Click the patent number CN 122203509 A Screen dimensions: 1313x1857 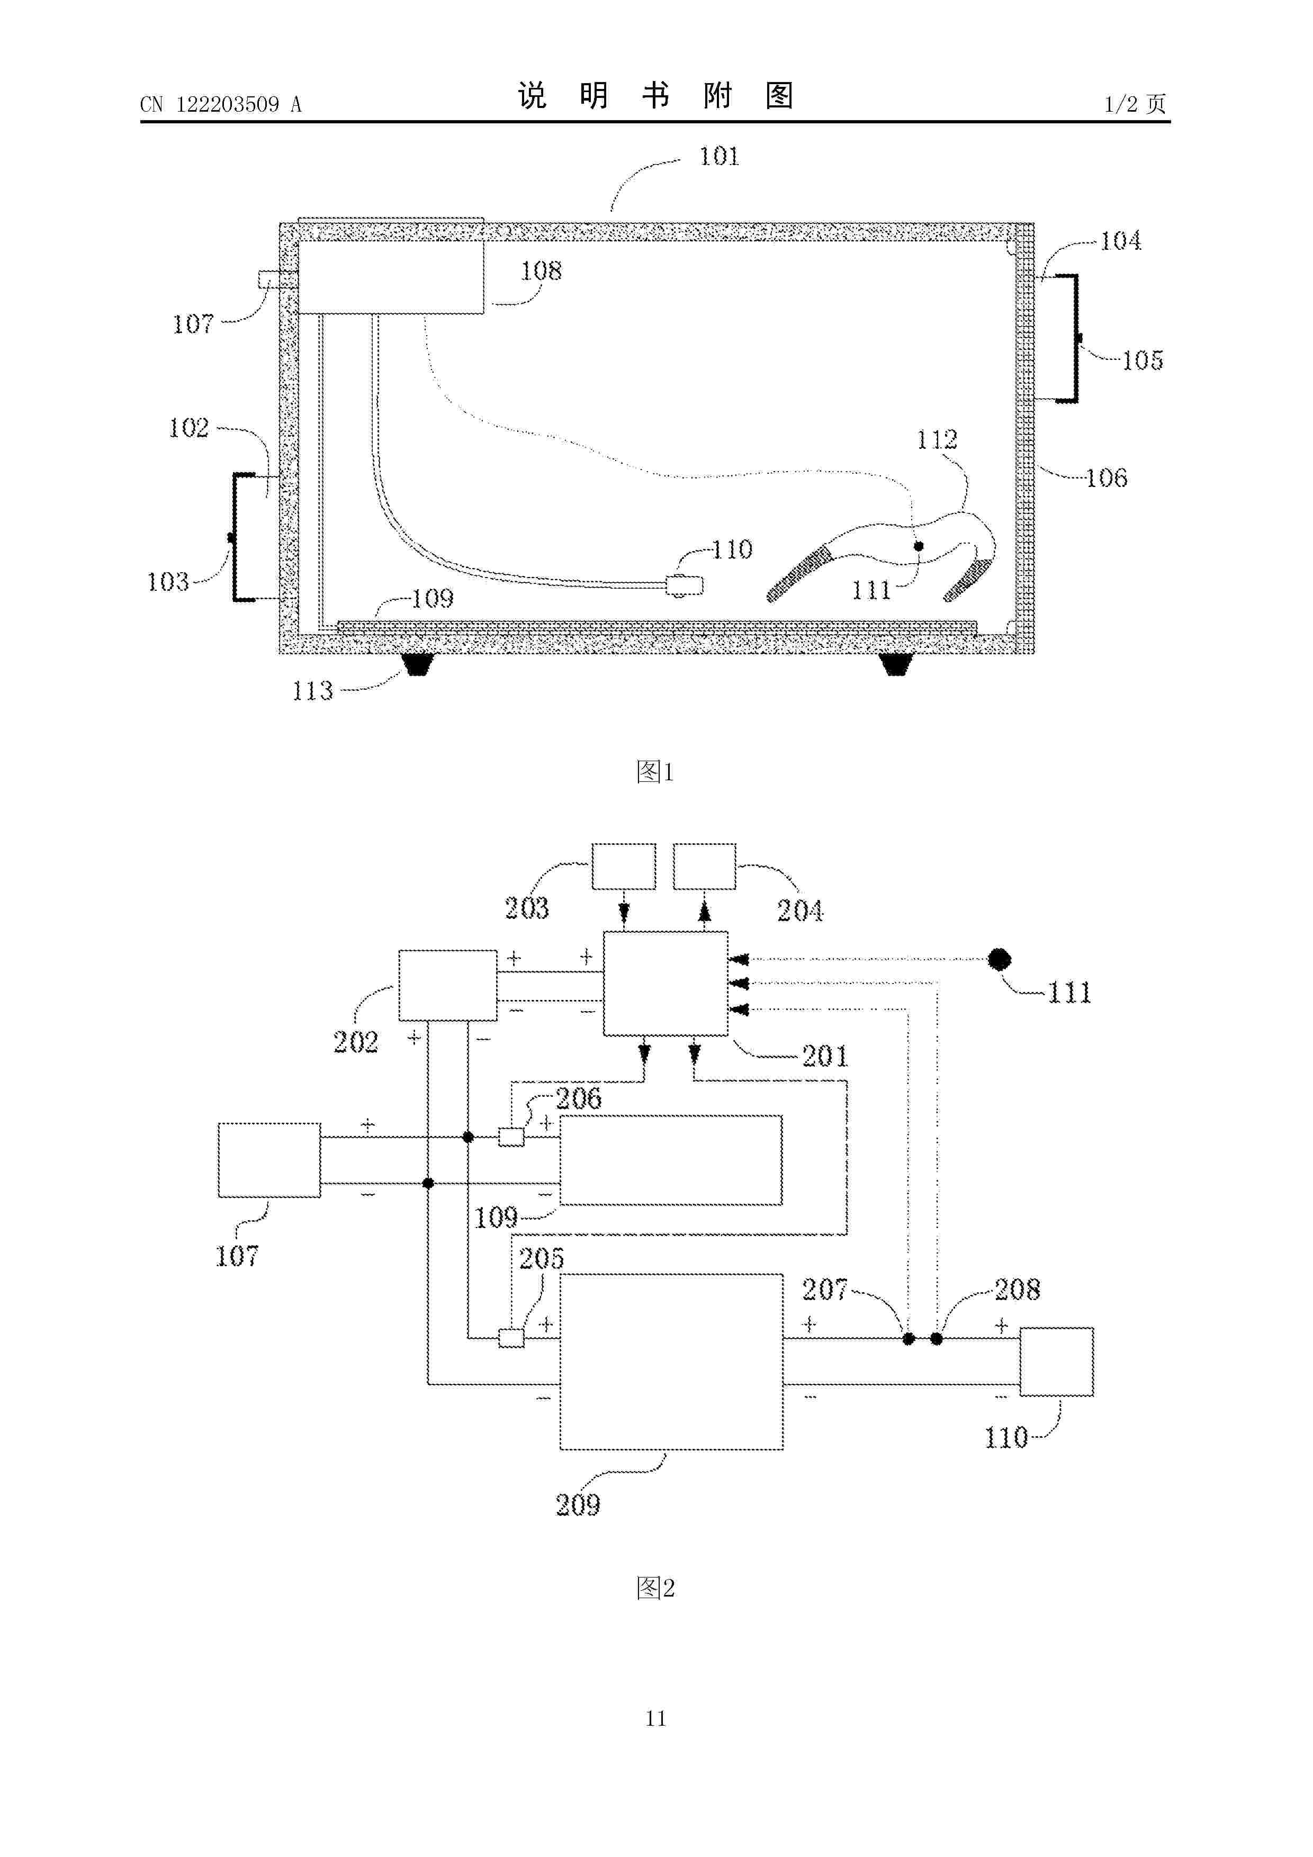[x=221, y=104]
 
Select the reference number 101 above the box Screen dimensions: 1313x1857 [x=719, y=156]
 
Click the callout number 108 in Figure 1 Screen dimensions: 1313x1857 [x=541, y=271]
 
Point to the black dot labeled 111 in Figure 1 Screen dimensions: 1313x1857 [x=918, y=546]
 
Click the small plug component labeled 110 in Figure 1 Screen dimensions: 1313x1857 [x=685, y=585]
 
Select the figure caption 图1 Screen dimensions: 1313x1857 [x=655, y=772]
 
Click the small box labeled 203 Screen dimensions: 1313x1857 [x=624, y=866]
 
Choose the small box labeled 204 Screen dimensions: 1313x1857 [x=705, y=866]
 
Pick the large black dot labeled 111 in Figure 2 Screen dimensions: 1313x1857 [x=1000, y=959]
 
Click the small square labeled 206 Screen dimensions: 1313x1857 [x=511, y=1137]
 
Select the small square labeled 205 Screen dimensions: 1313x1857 [x=511, y=1339]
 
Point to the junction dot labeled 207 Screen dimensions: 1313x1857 [x=909, y=1339]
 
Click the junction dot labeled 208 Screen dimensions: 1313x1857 [x=937, y=1339]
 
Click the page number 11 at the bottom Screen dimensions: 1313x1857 [x=656, y=1718]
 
